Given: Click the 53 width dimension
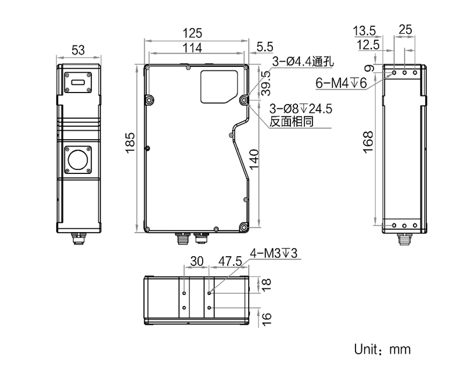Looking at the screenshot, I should (78, 51).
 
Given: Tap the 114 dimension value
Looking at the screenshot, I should (192, 48).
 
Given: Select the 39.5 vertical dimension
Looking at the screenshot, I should (265, 84).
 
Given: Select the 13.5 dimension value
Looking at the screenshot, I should (365, 30).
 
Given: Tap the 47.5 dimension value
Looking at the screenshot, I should (229, 262).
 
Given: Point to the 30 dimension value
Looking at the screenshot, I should (198, 262).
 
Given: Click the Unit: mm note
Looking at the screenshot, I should (382, 349).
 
